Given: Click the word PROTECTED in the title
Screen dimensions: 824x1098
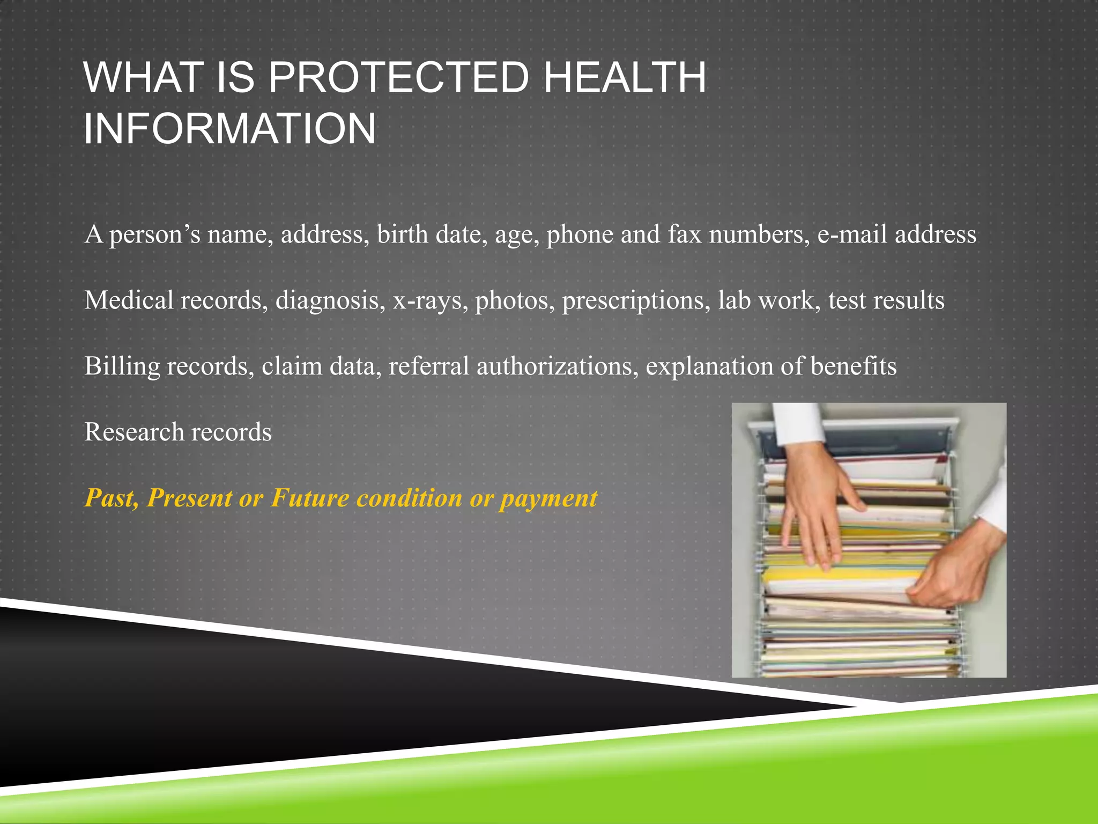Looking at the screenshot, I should (398, 78).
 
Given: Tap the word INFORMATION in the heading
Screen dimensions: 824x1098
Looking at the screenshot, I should (229, 129).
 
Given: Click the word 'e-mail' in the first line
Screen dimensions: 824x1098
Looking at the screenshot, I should (852, 234).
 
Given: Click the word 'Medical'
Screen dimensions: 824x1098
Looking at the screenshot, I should (129, 300).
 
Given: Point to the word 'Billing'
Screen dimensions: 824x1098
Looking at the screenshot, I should (122, 366).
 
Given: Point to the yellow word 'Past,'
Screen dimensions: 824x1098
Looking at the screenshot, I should (112, 498).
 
